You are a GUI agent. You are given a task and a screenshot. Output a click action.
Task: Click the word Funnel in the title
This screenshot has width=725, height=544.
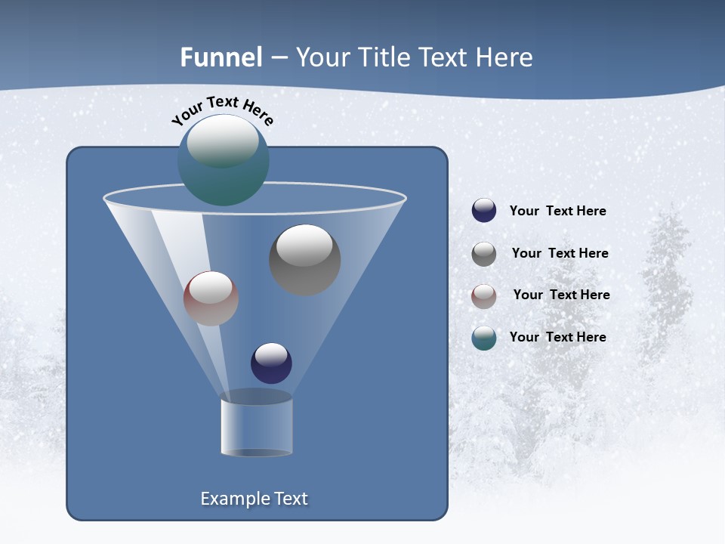coord(221,57)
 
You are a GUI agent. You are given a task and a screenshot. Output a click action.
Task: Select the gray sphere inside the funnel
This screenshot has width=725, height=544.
coord(305,260)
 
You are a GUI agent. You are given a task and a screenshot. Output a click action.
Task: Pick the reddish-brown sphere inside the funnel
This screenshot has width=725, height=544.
coord(211,298)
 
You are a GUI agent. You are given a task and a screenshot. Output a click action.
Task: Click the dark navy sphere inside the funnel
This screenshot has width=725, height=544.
coord(271,363)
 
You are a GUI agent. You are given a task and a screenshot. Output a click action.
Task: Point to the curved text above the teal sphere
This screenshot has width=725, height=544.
coord(222,110)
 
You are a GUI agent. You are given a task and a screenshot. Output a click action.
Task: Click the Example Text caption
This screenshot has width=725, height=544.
coord(255,499)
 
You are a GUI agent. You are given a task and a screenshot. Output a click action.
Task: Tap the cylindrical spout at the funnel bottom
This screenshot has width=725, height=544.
coord(256,428)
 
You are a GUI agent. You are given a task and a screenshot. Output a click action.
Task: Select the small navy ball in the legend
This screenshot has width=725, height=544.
coord(484,211)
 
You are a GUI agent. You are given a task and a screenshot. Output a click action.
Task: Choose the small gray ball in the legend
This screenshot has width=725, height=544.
coord(484,253)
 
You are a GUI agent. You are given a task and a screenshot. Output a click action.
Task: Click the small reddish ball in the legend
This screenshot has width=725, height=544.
coord(484,295)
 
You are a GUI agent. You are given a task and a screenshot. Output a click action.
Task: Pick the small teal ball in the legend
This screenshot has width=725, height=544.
coord(484,338)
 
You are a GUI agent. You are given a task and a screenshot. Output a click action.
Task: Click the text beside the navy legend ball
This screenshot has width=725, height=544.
coord(557,212)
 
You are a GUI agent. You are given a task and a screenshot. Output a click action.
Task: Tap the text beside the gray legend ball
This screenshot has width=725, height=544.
coord(560,254)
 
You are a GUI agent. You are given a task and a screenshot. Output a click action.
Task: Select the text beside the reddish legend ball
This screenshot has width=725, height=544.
coord(561,295)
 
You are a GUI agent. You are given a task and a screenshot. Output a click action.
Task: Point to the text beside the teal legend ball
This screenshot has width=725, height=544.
coord(557,338)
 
